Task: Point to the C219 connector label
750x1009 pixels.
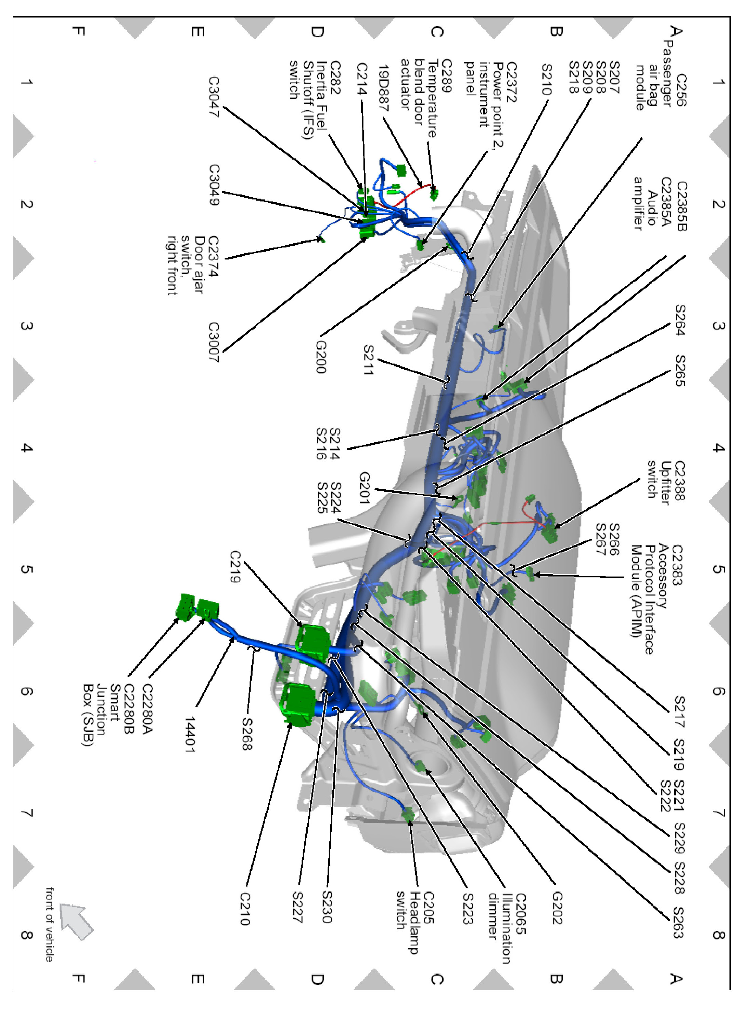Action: (x=235, y=566)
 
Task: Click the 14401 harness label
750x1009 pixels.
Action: (x=189, y=735)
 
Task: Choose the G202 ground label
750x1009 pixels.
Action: (x=557, y=908)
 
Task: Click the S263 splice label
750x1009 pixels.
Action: (x=679, y=922)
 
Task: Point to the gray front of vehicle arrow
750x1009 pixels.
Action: (x=76, y=920)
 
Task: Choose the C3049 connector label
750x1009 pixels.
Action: (x=214, y=185)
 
